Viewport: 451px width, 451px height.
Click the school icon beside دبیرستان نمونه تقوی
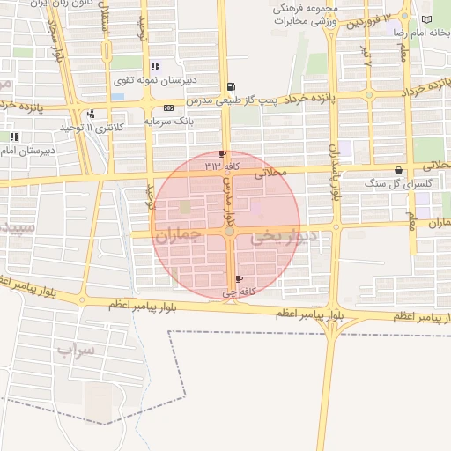click(155, 66)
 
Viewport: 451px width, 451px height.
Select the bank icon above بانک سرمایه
click(168, 107)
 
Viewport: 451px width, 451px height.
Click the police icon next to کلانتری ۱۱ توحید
click(91, 114)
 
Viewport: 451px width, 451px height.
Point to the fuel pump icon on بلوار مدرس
click(231, 86)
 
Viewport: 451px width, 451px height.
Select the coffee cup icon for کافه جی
click(239, 279)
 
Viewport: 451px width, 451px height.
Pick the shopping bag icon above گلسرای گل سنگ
click(399, 171)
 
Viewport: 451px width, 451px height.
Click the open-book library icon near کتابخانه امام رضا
click(426, 19)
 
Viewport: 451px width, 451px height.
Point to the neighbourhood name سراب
click(76, 350)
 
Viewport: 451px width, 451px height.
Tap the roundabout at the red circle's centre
click(229, 232)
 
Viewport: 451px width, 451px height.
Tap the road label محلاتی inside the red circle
click(271, 174)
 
